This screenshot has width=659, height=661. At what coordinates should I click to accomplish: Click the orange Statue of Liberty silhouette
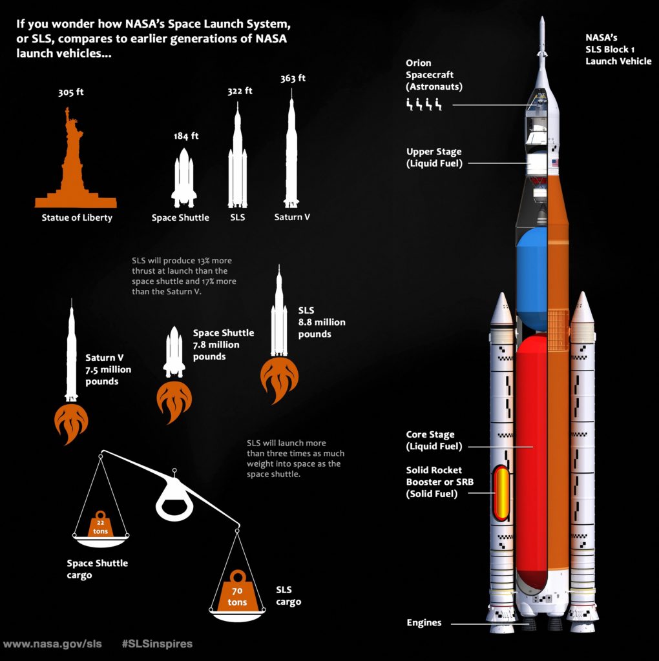click(75, 168)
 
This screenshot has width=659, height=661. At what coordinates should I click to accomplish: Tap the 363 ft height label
click(293, 78)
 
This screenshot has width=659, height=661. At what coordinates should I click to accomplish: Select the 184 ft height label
click(186, 136)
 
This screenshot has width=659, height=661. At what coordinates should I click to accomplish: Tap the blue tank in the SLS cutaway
click(532, 279)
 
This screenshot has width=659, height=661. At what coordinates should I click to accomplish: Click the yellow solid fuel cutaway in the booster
click(502, 493)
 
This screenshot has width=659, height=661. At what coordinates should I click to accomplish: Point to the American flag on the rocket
click(555, 163)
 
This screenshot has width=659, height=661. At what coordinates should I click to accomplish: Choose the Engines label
click(424, 623)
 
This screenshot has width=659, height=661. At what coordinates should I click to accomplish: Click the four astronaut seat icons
click(424, 104)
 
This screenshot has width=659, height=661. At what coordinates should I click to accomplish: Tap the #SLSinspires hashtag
click(157, 644)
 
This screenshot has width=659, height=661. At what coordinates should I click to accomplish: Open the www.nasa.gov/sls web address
click(52, 644)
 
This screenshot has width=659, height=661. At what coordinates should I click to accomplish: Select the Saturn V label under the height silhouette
click(292, 217)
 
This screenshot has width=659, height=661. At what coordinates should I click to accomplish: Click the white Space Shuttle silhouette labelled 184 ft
click(184, 178)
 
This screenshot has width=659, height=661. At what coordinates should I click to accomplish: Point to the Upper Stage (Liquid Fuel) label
click(434, 158)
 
